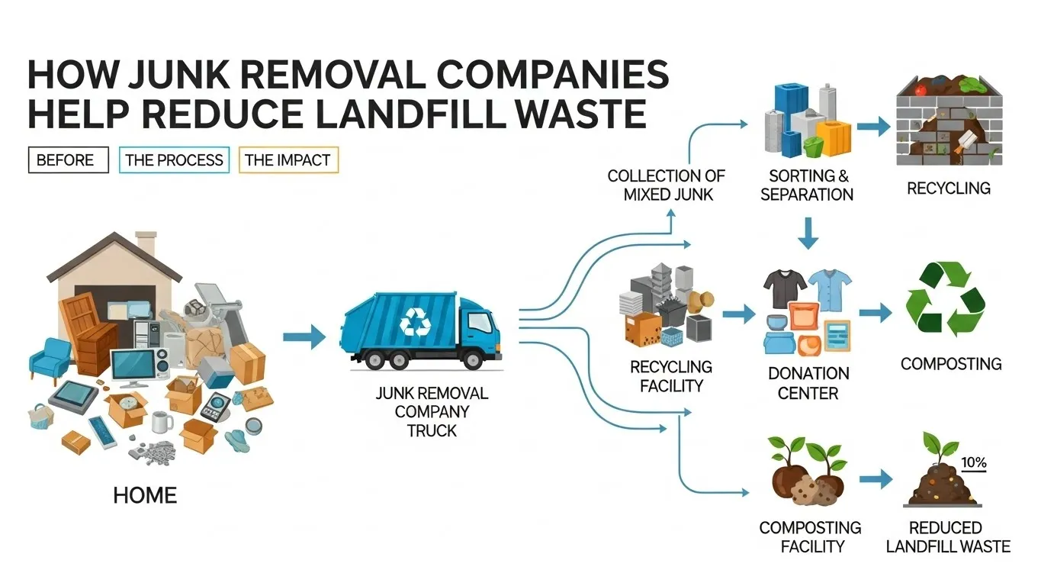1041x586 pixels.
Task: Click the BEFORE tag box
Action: click(65, 160)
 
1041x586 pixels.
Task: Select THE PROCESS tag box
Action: click(174, 160)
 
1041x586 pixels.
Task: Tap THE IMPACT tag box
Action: click(288, 160)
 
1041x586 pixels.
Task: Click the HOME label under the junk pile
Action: click(145, 495)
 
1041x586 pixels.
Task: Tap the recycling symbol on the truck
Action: click(416, 321)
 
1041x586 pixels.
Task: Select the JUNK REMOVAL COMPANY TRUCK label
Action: click(432, 412)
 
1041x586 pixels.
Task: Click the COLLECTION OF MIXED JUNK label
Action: click(666, 185)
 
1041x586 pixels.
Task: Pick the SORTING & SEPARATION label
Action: click(807, 185)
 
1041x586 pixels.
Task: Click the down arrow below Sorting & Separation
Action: click(808, 232)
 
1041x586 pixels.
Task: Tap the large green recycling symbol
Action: click(945, 300)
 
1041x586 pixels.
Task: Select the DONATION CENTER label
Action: click(808, 384)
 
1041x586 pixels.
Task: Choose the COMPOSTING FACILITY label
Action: click(810, 537)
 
